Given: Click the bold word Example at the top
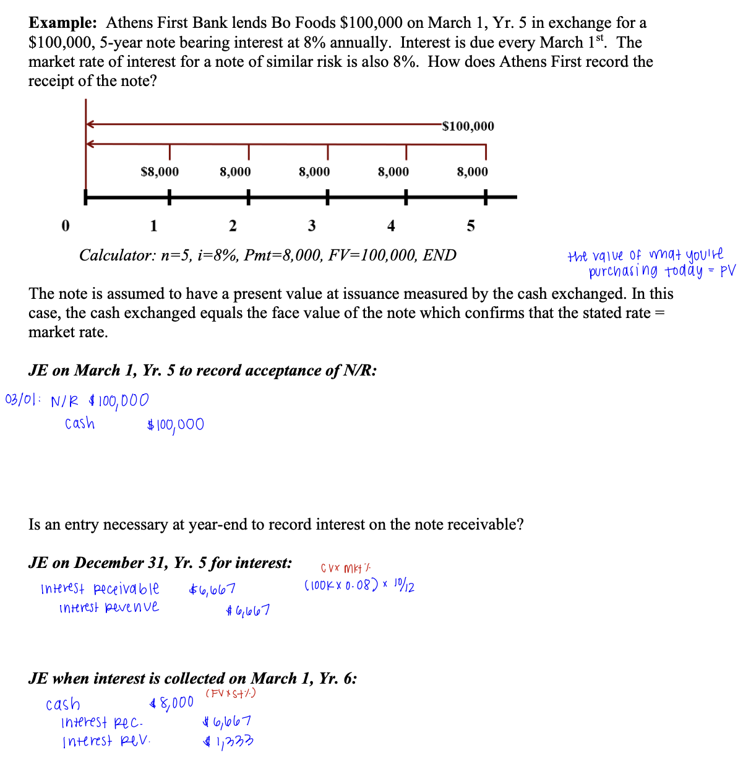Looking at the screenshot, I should click(x=62, y=23).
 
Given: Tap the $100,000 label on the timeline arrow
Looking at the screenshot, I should click(x=468, y=126).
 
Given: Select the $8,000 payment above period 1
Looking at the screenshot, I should click(x=160, y=171).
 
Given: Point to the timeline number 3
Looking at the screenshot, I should click(x=312, y=226).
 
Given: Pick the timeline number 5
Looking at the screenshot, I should click(x=471, y=226).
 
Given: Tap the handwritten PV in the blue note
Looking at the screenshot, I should click(x=728, y=270).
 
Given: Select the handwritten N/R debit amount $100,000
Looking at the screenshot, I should click(x=119, y=401).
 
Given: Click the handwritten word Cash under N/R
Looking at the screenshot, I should click(x=80, y=424).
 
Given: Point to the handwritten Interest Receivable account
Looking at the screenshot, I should click(x=100, y=588).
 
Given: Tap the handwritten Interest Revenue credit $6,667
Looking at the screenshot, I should click(x=248, y=611).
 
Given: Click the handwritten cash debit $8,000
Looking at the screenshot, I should click(x=172, y=703).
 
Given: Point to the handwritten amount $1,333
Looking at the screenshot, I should click(x=228, y=741).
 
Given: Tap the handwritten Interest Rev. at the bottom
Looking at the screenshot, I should click(x=106, y=741).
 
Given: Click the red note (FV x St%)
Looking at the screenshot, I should click(x=230, y=693).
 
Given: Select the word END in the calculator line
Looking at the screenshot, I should click(x=439, y=255).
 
